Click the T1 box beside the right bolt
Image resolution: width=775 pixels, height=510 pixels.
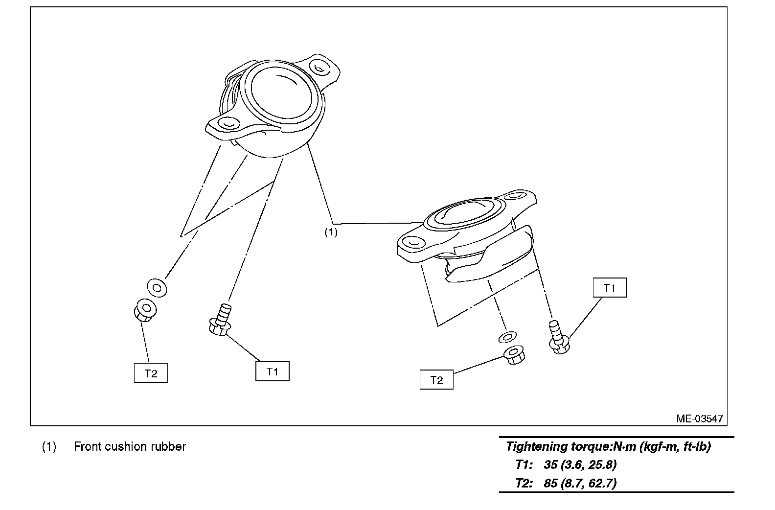(609, 288)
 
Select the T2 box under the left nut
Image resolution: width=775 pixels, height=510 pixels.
(151, 373)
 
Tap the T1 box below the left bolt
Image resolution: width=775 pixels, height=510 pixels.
(272, 371)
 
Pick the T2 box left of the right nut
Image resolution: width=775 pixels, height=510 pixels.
(436, 380)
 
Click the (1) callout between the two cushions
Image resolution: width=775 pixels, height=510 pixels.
(331, 232)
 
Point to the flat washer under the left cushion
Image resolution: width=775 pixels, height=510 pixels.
(157, 287)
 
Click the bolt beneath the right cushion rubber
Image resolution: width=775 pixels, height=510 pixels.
(558, 338)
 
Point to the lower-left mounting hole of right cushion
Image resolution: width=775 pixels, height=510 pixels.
(412, 242)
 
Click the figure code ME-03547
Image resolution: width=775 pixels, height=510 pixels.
(699, 418)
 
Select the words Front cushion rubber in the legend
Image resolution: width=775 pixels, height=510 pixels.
(130, 446)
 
